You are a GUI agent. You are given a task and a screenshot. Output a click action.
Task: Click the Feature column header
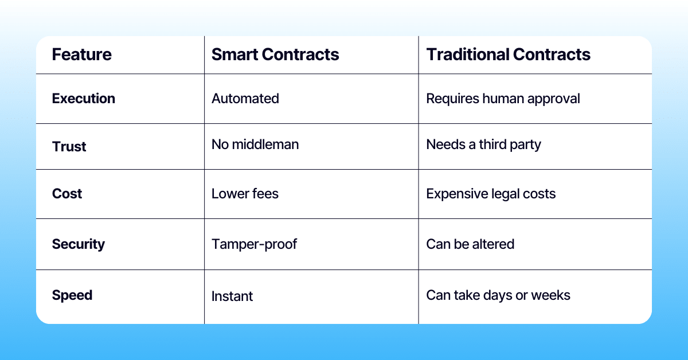tap(81, 54)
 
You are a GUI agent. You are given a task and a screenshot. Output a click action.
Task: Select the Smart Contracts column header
tap(275, 54)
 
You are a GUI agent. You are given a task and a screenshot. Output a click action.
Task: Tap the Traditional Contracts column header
tap(508, 54)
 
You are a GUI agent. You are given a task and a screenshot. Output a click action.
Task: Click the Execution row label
tap(83, 99)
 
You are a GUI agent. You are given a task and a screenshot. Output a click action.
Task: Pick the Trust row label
tap(69, 146)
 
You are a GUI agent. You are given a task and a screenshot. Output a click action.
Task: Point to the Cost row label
tap(67, 194)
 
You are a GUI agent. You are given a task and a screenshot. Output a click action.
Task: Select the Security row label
tap(79, 244)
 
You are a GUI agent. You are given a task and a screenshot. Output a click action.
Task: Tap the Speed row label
tap(72, 296)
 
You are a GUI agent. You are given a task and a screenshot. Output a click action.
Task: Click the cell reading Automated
tap(245, 99)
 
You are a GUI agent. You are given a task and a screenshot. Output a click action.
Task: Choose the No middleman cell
tap(255, 144)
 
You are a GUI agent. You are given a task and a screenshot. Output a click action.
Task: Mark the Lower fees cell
tap(245, 194)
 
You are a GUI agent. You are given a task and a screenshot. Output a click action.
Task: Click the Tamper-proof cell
tap(255, 244)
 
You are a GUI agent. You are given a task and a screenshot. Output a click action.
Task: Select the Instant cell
tap(232, 296)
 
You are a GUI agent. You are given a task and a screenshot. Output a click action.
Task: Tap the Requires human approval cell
tap(503, 99)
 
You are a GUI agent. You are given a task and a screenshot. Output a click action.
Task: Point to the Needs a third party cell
tap(483, 144)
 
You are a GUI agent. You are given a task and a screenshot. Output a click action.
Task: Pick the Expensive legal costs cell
tap(491, 194)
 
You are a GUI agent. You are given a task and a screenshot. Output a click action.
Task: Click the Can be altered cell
tap(470, 244)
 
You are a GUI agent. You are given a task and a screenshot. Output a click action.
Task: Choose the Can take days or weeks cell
tap(498, 296)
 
